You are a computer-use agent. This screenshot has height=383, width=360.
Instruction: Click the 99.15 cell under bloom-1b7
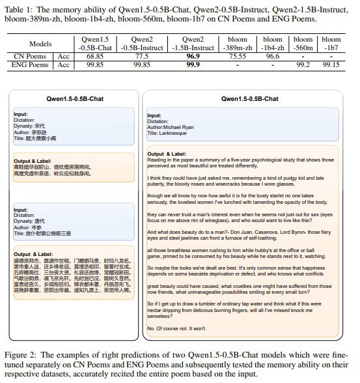pos(331,66)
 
